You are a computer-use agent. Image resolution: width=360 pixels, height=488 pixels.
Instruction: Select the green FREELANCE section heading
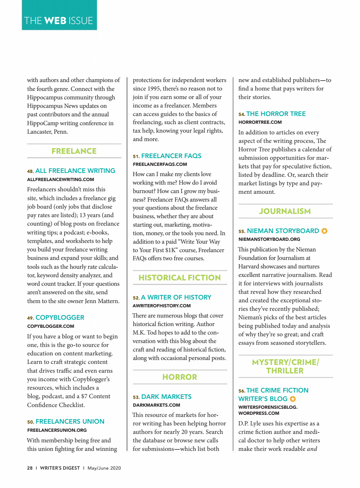(74, 151)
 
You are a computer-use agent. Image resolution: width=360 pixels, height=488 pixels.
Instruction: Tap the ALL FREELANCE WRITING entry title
(75, 171)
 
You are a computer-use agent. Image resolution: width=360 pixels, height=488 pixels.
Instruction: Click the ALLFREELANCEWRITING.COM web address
(60, 180)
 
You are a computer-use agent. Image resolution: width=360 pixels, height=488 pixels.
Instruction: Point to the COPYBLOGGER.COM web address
(51, 326)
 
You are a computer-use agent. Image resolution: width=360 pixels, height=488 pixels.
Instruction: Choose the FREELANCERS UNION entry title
(70, 422)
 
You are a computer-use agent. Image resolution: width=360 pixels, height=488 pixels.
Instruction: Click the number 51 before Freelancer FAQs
(136, 156)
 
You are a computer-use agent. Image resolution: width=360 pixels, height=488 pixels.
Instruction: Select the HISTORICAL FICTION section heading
(179, 278)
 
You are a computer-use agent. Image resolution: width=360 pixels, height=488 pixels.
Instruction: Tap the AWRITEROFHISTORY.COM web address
(161, 306)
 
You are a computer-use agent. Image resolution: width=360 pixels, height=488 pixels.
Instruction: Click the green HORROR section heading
(179, 377)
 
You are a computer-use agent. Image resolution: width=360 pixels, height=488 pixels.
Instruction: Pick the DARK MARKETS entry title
(166, 397)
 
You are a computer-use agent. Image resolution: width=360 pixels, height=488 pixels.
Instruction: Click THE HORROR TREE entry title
(276, 114)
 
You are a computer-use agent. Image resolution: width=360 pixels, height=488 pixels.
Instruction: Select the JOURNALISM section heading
(285, 211)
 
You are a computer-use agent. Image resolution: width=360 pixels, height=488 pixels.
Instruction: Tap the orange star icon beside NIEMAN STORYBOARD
(324, 231)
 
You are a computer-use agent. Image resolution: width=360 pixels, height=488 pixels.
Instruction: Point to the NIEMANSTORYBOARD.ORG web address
(269, 239)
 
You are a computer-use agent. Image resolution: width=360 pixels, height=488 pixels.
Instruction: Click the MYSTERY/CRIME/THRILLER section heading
(285, 366)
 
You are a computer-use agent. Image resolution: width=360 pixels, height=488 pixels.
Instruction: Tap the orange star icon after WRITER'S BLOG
(293, 399)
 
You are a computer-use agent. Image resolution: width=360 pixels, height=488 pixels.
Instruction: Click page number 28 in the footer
(30, 468)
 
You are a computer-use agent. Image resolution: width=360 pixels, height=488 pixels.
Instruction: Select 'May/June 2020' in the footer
(104, 468)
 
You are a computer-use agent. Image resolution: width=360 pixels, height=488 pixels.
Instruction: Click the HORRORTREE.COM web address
(260, 122)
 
